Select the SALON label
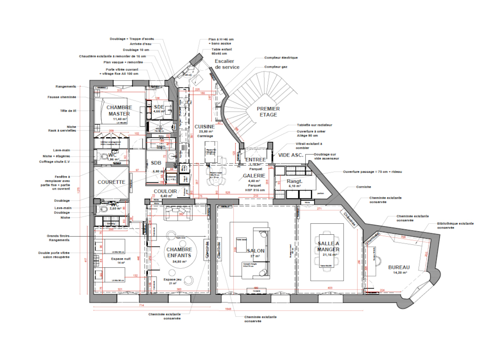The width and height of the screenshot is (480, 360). (x=255, y=251)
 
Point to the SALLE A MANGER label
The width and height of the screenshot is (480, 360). (x=328, y=247)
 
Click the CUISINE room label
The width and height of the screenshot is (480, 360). (x=204, y=127)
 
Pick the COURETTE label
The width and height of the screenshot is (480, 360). (x=111, y=182)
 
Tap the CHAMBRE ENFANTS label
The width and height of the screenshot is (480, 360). (x=179, y=252)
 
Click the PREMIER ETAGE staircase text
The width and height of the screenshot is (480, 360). (x=268, y=111)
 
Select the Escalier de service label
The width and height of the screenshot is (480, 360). (x=227, y=64)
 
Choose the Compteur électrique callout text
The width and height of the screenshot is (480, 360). (x=281, y=58)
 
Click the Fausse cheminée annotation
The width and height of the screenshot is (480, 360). (x=61, y=97)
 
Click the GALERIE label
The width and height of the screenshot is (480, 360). (x=254, y=176)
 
